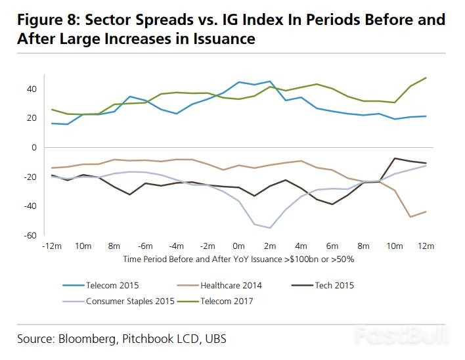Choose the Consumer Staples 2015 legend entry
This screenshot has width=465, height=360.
tap(131, 302)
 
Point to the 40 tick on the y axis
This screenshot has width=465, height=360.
tap(32, 89)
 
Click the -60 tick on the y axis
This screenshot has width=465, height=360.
tap(30, 235)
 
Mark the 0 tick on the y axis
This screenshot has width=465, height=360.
tap(33, 147)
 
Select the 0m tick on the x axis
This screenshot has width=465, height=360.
tap(238, 246)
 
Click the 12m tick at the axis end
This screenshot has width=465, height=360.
tap(426, 246)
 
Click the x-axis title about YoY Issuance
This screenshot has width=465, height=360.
tap(238, 259)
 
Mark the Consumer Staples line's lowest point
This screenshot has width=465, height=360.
tap(270, 228)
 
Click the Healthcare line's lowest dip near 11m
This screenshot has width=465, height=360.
tap(411, 217)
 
